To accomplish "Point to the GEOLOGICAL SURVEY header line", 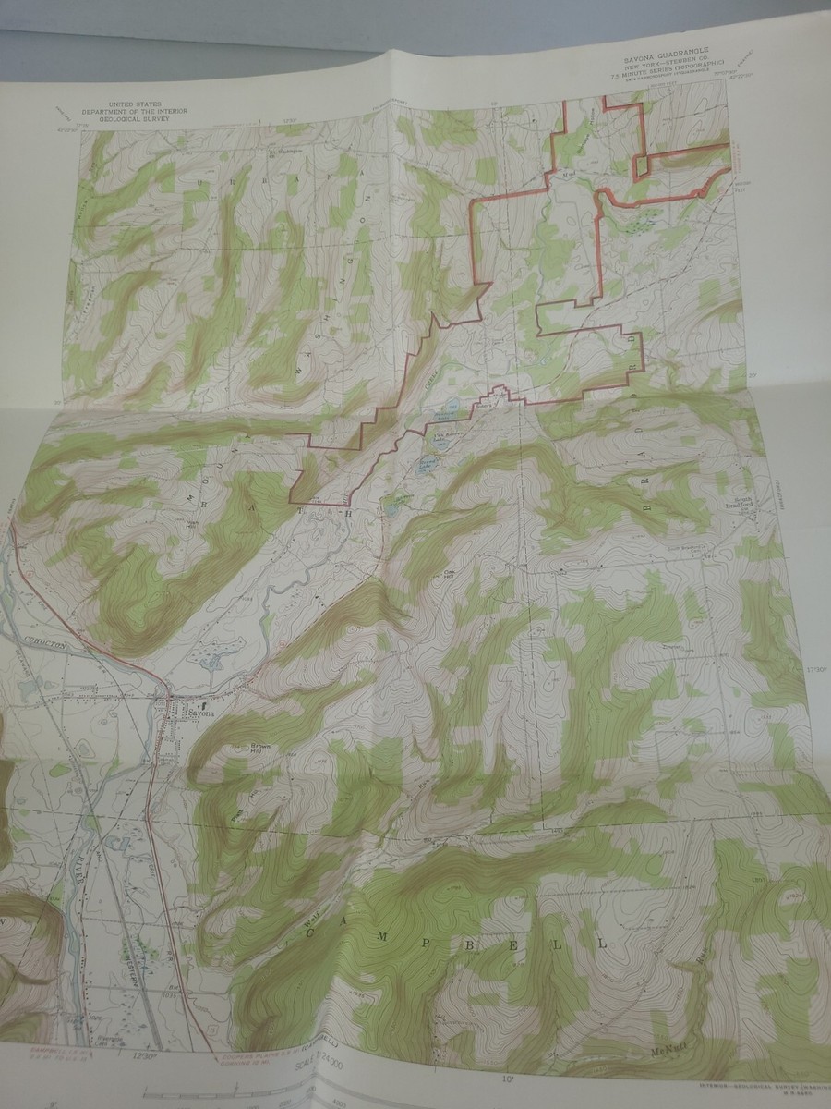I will (147, 118).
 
